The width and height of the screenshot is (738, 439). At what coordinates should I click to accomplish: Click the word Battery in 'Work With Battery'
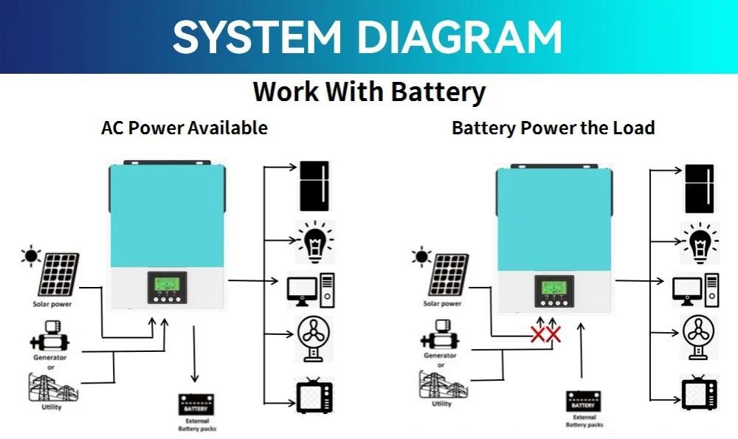point(438,92)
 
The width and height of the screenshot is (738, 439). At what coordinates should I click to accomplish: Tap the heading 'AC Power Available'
point(184,128)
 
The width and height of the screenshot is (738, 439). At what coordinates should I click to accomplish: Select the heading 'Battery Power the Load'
point(553,128)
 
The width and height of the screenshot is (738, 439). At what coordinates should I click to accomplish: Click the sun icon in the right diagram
point(421,257)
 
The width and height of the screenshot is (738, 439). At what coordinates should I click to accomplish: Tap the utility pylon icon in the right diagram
point(441,383)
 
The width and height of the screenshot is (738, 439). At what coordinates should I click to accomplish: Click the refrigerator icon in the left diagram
point(314,185)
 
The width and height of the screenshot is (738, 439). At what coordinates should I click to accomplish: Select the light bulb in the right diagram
point(698,241)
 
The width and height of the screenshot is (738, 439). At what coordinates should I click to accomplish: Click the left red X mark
point(539,335)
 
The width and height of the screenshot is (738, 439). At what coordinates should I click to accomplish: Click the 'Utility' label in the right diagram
point(441,404)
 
